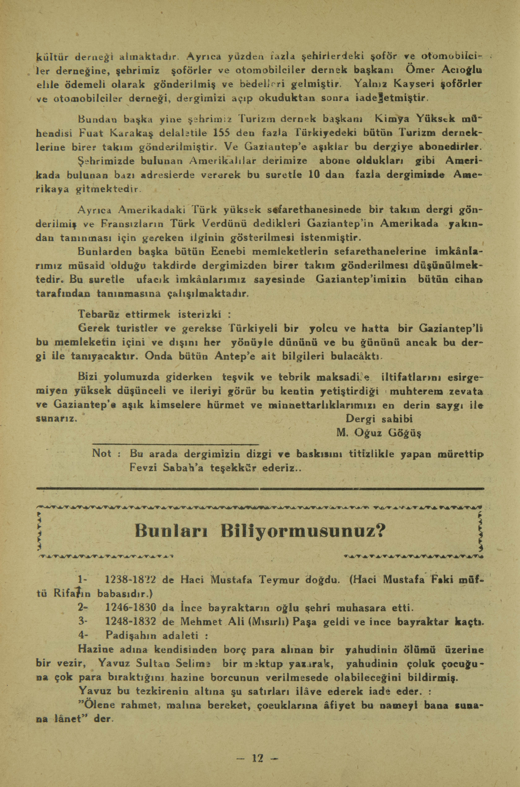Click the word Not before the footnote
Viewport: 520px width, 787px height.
pyautogui.click(x=101, y=453)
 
